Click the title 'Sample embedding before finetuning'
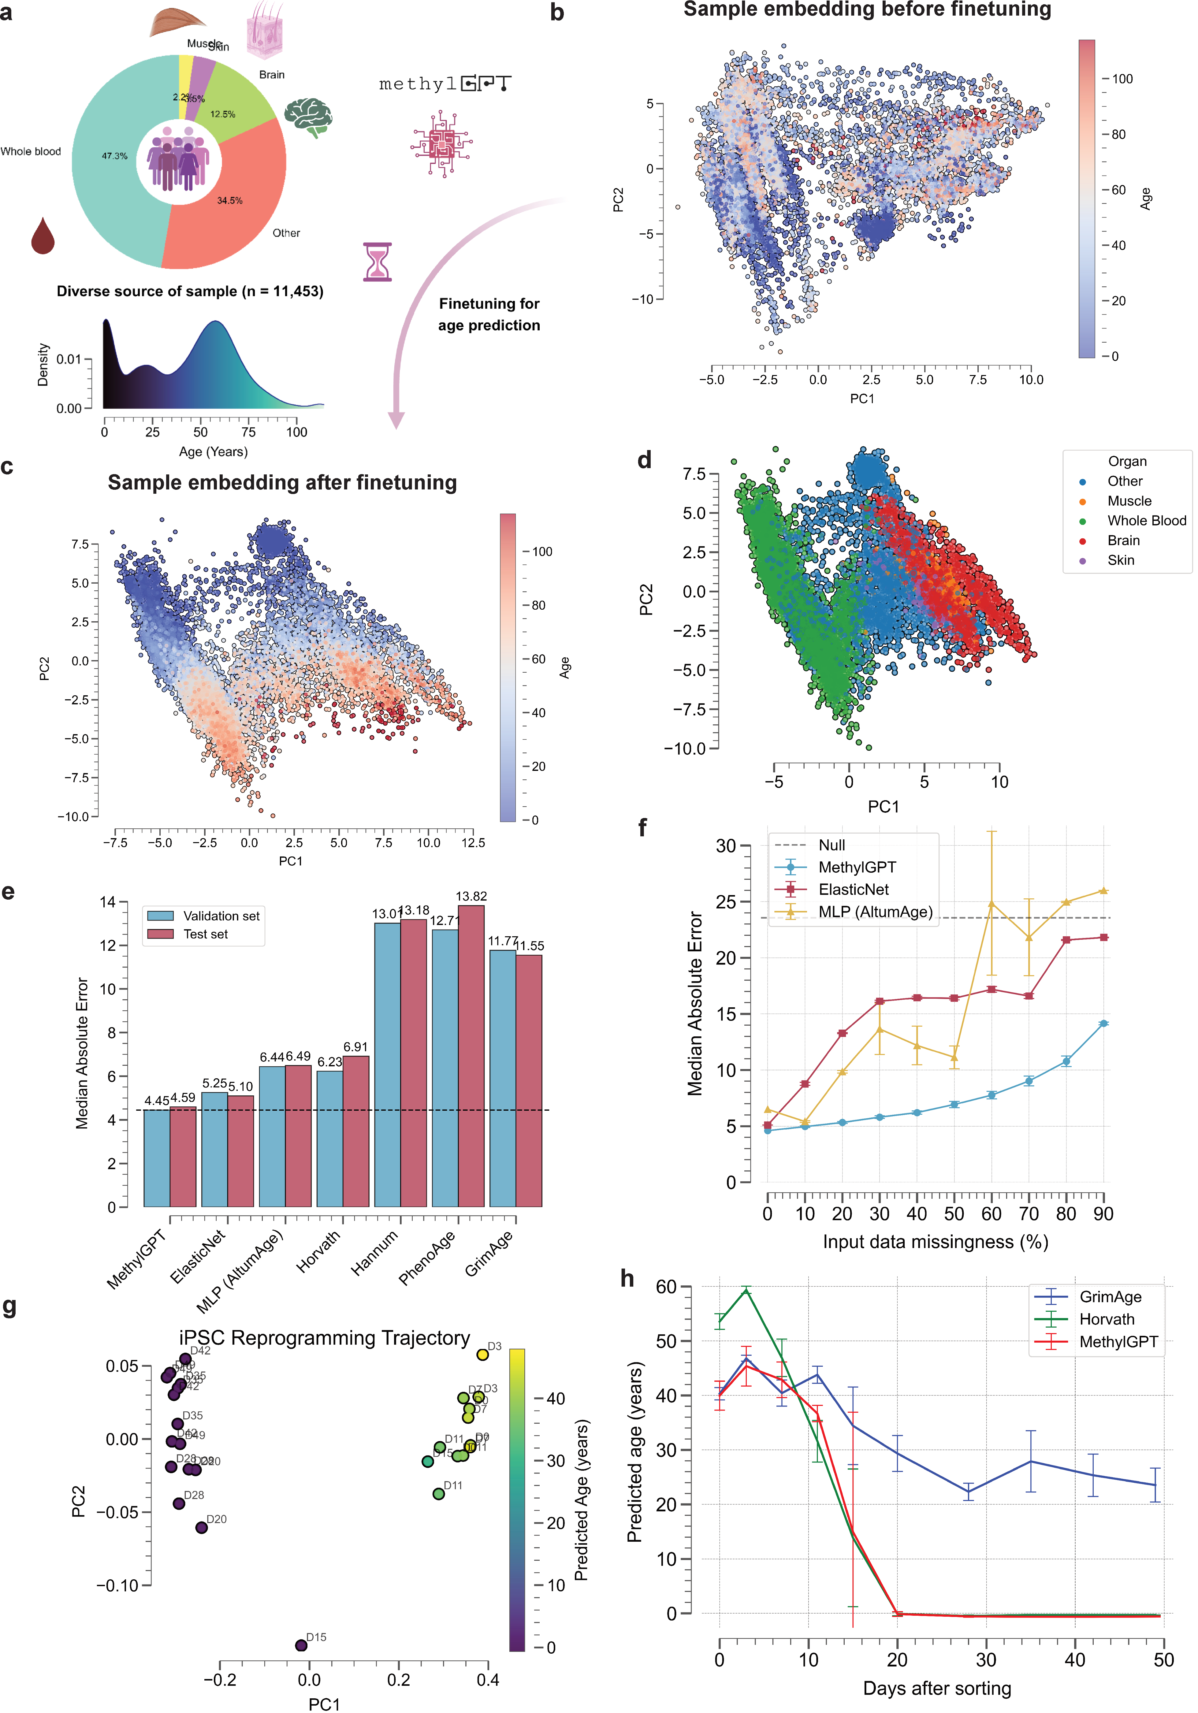(x=867, y=10)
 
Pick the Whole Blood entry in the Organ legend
(x=1146, y=521)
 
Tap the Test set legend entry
(x=205, y=934)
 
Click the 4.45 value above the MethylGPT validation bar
(x=157, y=1101)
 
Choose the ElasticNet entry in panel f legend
(x=853, y=889)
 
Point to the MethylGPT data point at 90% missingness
(x=1103, y=1024)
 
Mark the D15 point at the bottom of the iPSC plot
(x=301, y=1645)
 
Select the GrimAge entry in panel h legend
(x=1110, y=1297)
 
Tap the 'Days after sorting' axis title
(x=937, y=1689)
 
